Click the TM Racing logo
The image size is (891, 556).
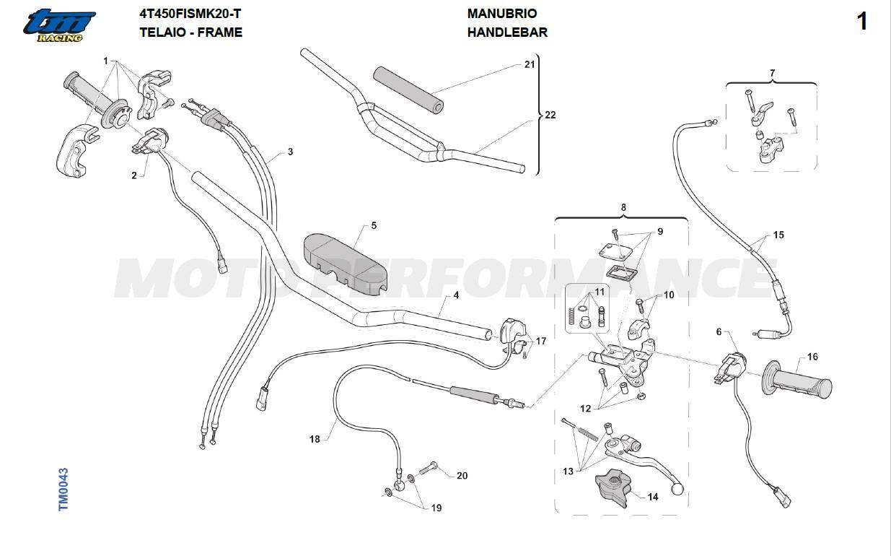click(60, 25)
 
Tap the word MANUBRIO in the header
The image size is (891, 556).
click(502, 14)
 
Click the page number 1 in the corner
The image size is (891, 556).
click(862, 21)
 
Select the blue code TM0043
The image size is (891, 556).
click(63, 489)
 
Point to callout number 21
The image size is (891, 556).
click(530, 64)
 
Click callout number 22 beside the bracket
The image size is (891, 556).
click(550, 115)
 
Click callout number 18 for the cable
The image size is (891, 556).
click(315, 439)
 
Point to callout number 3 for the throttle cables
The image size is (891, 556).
click(290, 152)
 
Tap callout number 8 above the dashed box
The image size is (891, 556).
click(623, 207)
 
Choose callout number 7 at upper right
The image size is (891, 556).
click(772, 73)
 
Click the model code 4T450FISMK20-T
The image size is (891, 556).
click(190, 14)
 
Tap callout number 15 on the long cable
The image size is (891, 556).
click(778, 235)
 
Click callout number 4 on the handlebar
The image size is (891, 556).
click(456, 295)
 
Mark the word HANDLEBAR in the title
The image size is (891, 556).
click(507, 32)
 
